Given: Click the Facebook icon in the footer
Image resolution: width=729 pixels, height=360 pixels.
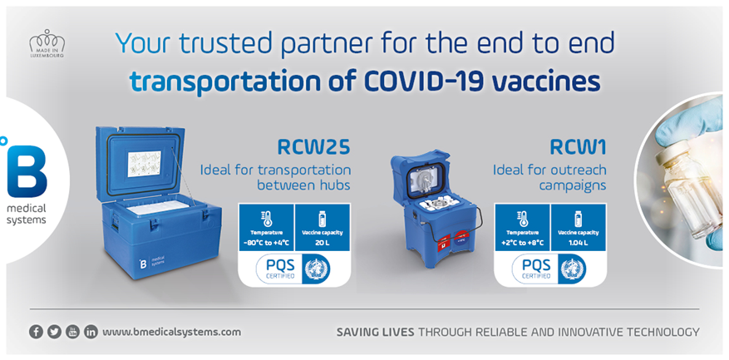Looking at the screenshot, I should click(x=36, y=331).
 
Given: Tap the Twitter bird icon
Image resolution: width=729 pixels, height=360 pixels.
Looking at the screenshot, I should click(x=54, y=331).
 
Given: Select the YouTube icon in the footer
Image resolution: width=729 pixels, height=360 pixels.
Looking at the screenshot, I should click(x=72, y=331).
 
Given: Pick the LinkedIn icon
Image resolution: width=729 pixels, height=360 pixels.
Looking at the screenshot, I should click(x=91, y=331).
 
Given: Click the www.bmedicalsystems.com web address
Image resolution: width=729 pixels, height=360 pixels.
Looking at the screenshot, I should click(x=171, y=332).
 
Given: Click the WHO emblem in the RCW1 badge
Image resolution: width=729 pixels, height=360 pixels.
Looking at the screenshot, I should click(x=572, y=268).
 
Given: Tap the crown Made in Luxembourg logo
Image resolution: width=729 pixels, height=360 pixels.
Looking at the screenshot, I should click(x=47, y=44).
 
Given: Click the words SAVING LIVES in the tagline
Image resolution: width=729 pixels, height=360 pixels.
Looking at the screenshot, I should click(x=374, y=332).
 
